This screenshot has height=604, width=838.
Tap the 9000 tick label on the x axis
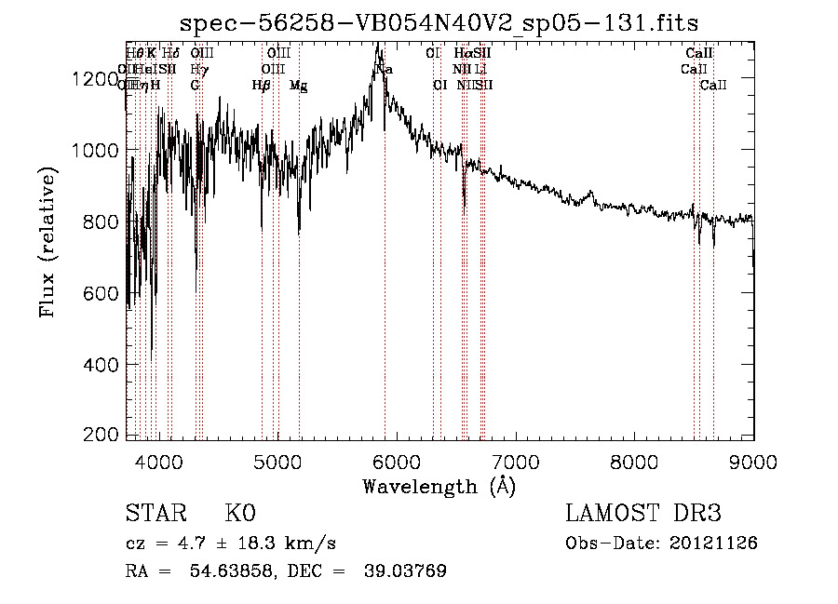point(753,461)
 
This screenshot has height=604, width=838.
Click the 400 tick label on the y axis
point(102,365)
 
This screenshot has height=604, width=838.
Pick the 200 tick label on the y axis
point(102,436)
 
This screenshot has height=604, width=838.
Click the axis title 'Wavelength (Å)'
point(439,486)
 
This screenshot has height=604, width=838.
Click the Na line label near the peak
point(384,70)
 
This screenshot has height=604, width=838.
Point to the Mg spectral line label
point(299,85)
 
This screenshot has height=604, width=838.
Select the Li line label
point(480,69)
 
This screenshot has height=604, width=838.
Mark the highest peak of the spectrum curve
point(376,43)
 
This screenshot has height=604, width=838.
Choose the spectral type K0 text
point(240,514)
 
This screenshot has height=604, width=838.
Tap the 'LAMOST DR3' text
point(642,514)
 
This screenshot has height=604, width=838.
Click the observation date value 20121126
point(715,544)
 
